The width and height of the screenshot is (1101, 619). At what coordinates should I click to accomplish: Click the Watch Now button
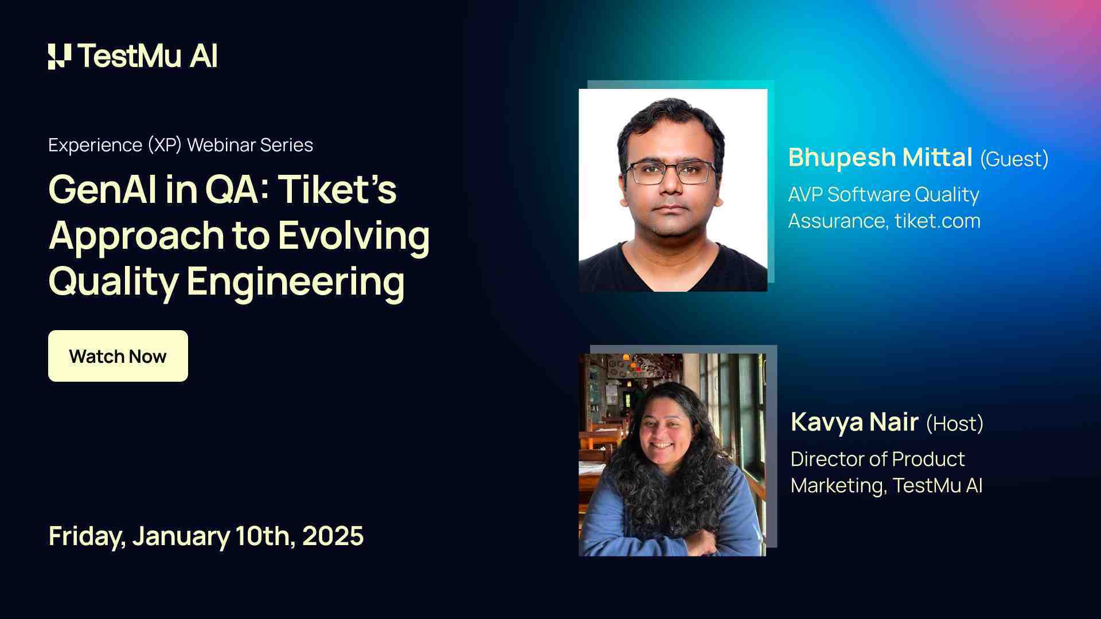click(118, 356)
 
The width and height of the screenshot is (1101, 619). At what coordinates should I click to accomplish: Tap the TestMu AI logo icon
click(60, 56)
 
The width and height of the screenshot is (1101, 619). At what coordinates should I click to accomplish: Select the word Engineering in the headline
click(295, 281)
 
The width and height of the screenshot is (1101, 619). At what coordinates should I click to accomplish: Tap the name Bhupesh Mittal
click(880, 158)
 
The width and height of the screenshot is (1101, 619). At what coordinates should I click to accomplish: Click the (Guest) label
click(1014, 159)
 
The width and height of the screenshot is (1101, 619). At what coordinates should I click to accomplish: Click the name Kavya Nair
click(854, 422)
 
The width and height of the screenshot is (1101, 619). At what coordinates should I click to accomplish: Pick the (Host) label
click(955, 424)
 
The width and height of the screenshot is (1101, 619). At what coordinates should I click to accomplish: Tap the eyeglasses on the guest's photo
click(671, 173)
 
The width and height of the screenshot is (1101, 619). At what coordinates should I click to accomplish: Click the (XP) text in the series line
click(165, 145)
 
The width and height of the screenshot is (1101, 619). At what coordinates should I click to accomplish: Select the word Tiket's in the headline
click(338, 189)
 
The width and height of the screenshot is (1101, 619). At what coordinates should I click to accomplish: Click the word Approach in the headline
click(136, 236)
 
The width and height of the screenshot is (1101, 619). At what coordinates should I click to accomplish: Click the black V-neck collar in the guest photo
click(671, 267)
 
